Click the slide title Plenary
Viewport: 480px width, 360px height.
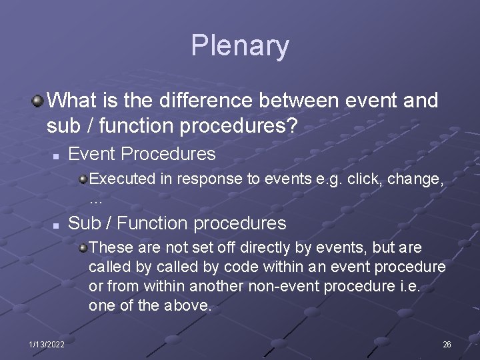240,45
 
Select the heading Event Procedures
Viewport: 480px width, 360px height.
142,154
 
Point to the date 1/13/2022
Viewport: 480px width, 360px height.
47,344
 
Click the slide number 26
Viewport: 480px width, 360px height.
447,344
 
